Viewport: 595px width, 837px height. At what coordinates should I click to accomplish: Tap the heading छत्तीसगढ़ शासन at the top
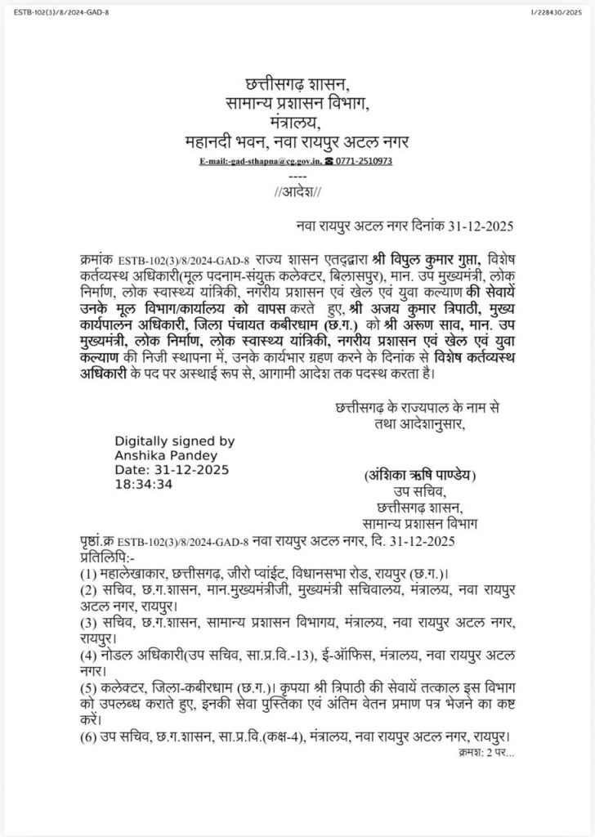pyautogui.click(x=297, y=84)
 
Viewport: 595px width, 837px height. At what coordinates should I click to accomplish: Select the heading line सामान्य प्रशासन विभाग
pyautogui.click(x=297, y=103)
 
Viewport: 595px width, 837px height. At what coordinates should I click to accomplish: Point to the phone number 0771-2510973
pyautogui.click(x=364, y=161)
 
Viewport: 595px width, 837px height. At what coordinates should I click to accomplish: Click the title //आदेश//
pyautogui.click(x=297, y=192)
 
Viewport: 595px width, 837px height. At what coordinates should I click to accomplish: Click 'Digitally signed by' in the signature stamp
pyautogui.click(x=174, y=441)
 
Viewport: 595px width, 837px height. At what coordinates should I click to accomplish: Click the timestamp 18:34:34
pyautogui.click(x=144, y=484)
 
